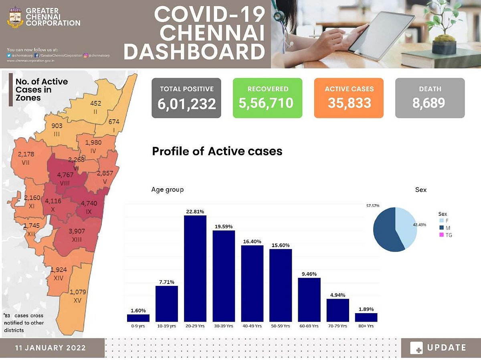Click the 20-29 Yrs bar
195,268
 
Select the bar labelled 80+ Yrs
366,317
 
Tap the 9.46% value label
309,274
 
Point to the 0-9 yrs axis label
138,326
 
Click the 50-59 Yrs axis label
281,326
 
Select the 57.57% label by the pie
373,205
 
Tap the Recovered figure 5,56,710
267,103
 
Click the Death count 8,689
430,103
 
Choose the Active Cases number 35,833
349,103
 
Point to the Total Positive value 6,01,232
186,104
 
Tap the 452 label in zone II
95,103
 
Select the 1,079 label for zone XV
78,292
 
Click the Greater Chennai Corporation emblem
16,17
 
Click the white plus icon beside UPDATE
416,348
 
